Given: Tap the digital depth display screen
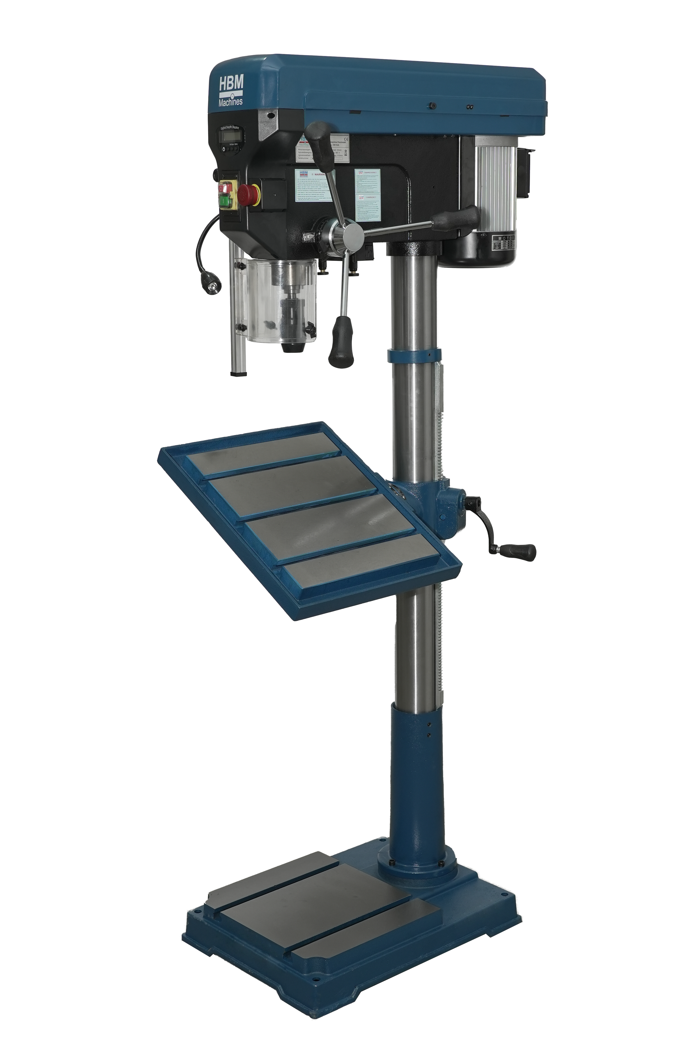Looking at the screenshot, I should click(x=232, y=137).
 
